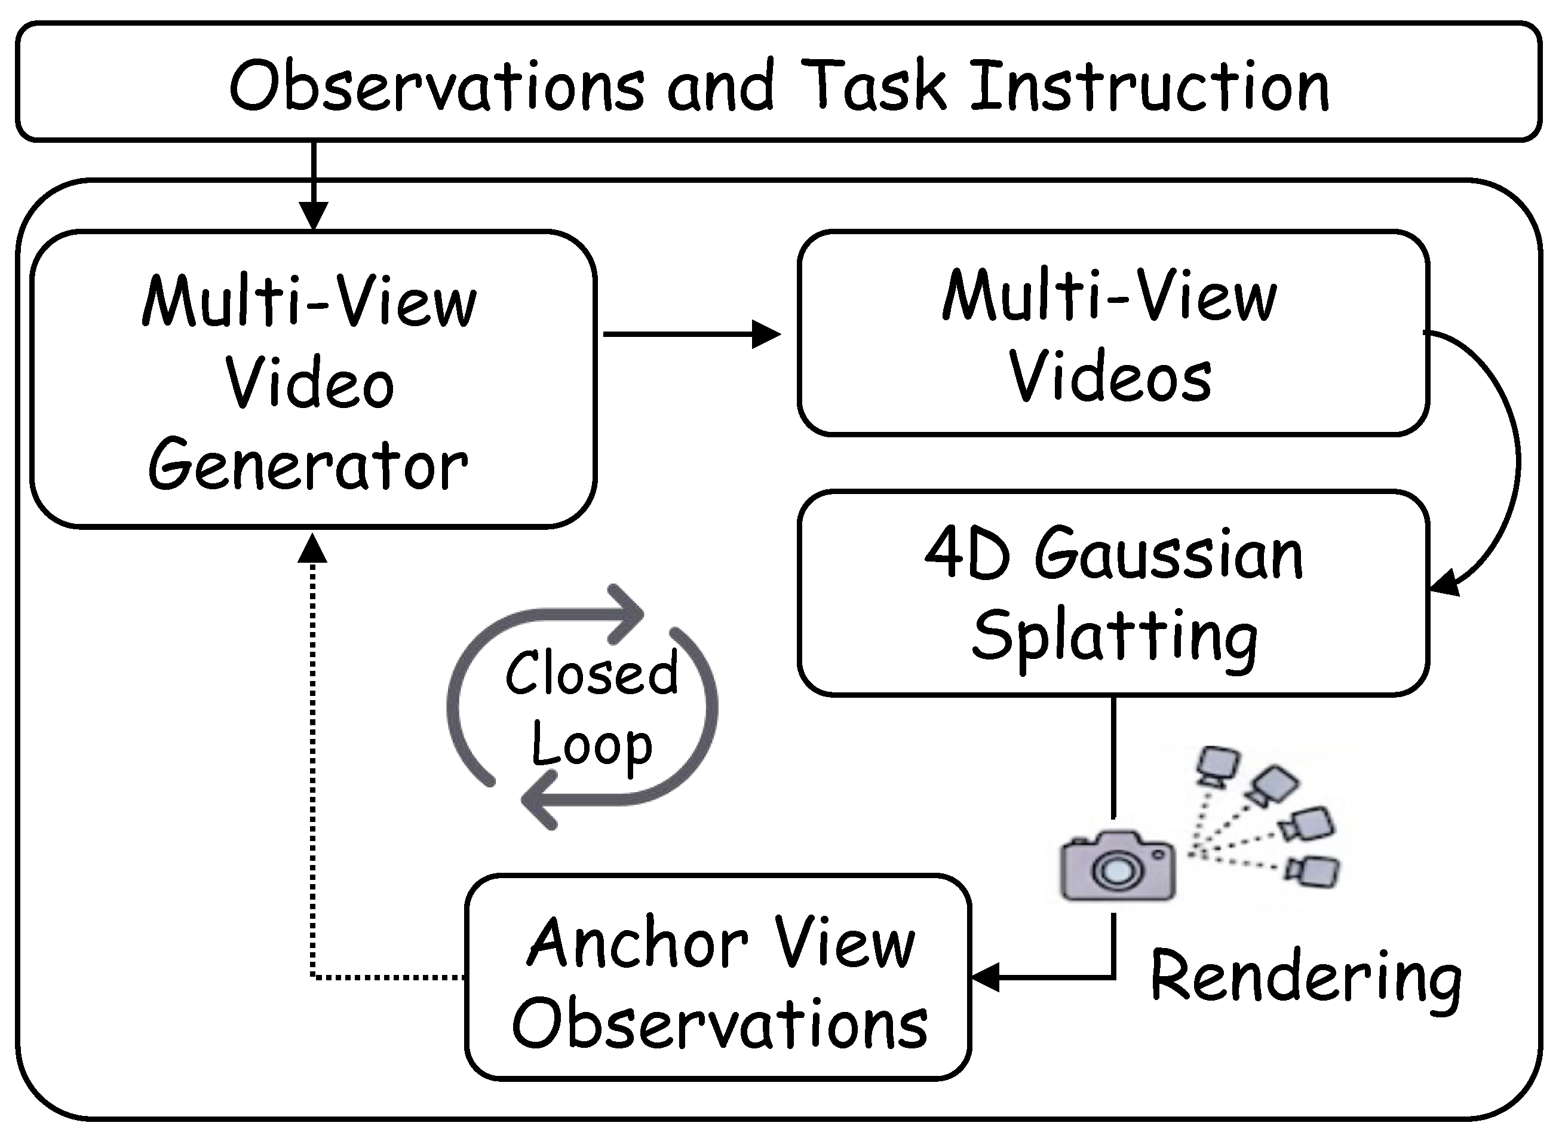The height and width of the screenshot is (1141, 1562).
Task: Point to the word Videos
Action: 1110,377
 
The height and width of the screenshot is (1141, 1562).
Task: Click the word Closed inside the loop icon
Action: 592,673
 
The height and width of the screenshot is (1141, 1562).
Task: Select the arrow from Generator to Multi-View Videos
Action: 692,335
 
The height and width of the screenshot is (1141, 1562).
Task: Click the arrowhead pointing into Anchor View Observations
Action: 985,977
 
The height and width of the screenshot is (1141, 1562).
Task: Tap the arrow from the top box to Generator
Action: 314,186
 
